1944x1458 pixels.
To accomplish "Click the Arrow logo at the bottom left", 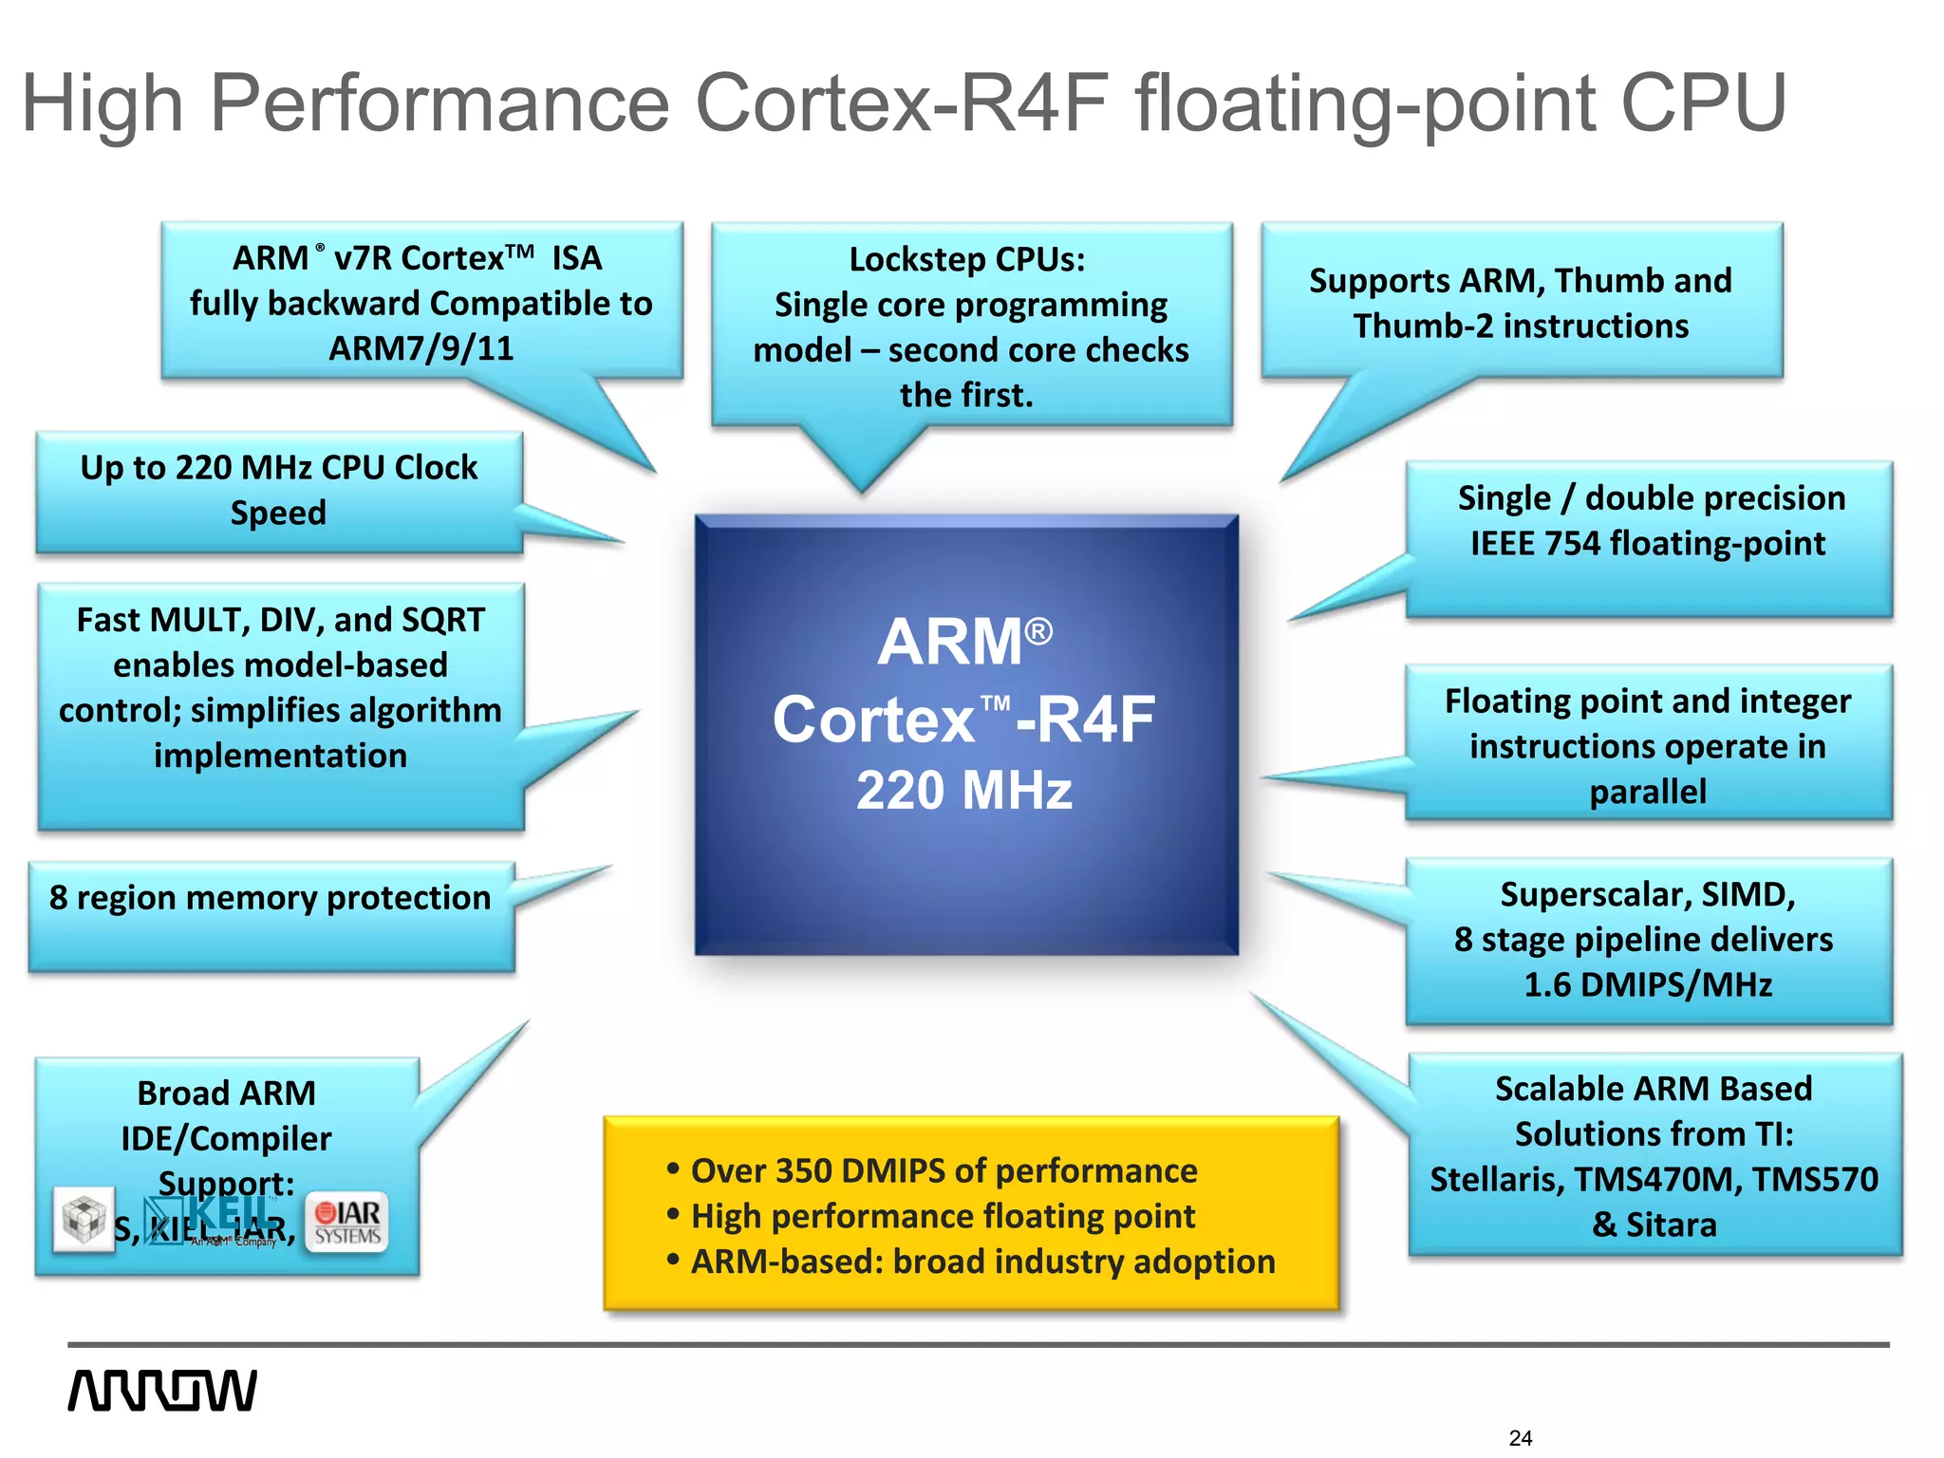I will click(161, 1390).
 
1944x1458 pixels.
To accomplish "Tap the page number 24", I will click(1520, 1438).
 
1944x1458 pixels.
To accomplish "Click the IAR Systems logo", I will click(347, 1223).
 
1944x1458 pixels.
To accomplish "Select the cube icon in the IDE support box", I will click(84, 1218).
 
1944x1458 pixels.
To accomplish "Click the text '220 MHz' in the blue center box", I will click(963, 791).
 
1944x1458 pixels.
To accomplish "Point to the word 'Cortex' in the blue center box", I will click(874, 720).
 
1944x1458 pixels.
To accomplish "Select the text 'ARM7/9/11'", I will click(421, 348).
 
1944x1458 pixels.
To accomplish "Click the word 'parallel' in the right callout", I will click(1648, 792).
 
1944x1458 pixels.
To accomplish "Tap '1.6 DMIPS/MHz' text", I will click(1648, 984).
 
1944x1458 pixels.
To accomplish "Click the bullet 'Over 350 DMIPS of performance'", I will click(944, 1170).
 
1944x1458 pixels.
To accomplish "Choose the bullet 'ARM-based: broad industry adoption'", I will click(982, 1262).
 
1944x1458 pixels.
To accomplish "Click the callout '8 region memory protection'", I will click(271, 898).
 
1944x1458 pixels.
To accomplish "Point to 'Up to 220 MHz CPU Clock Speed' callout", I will click(278, 490).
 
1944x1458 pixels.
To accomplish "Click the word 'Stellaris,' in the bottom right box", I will click(1497, 1179).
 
